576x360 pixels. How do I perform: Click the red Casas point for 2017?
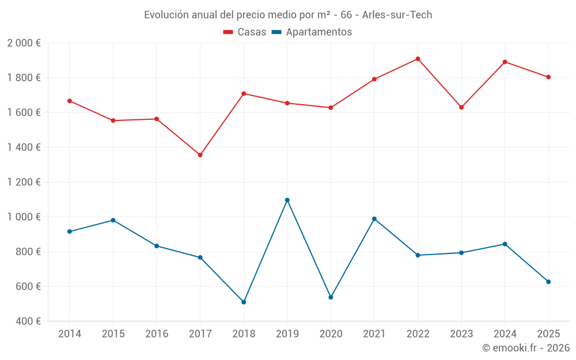[200, 155]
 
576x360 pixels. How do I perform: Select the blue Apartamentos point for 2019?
[287, 200]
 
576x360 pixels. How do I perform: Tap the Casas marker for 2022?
[418, 59]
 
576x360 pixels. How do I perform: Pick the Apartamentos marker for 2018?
[244, 302]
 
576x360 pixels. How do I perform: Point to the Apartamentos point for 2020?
[331, 297]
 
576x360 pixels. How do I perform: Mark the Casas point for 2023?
[461, 107]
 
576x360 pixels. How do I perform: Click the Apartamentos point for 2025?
[548, 282]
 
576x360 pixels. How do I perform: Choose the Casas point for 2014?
[70, 101]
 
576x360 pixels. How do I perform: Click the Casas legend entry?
[245, 32]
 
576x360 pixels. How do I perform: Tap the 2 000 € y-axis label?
[24, 43]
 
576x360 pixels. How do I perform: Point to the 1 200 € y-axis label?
[24, 182]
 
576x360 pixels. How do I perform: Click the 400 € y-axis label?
[27, 321]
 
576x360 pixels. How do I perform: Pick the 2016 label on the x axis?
[157, 334]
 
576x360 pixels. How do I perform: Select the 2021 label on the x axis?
[374, 334]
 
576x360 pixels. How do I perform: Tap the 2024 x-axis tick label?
[505, 334]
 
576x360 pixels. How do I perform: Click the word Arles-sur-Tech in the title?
[397, 15]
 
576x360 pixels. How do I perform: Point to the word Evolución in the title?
[166, 15]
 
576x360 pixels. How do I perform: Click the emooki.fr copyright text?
[526, 348]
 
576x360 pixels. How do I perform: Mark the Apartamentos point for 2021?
[374, 219]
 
